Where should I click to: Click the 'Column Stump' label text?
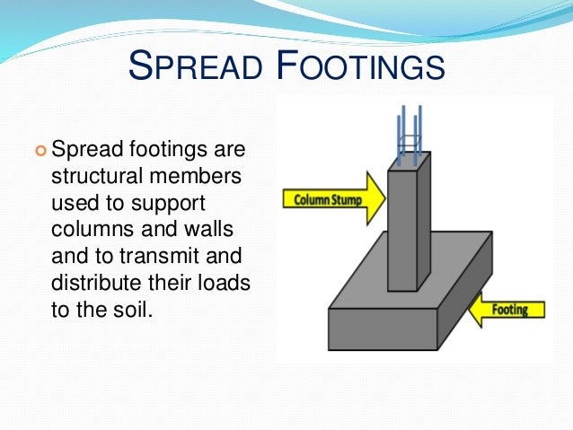[x=329, y=199]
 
